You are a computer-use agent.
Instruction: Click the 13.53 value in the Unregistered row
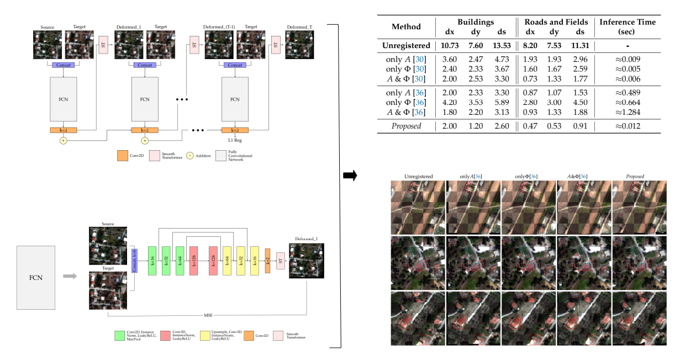coord(500,46)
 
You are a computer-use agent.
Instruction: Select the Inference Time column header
coord(628,27)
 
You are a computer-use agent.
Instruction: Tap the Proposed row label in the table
coord(406,126)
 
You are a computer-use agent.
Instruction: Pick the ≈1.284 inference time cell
coord(628,112)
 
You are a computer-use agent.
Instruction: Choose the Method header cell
coord(406,27)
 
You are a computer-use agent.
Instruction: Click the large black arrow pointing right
coord(350,176)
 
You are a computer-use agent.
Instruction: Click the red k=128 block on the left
coord(193,261)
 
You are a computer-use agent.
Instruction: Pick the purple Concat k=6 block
coord(134,261)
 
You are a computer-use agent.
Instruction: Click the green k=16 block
coord(152,261)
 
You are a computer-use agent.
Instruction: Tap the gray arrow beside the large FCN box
coord(69,276)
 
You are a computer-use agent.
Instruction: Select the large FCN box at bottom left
coord(37,277)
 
